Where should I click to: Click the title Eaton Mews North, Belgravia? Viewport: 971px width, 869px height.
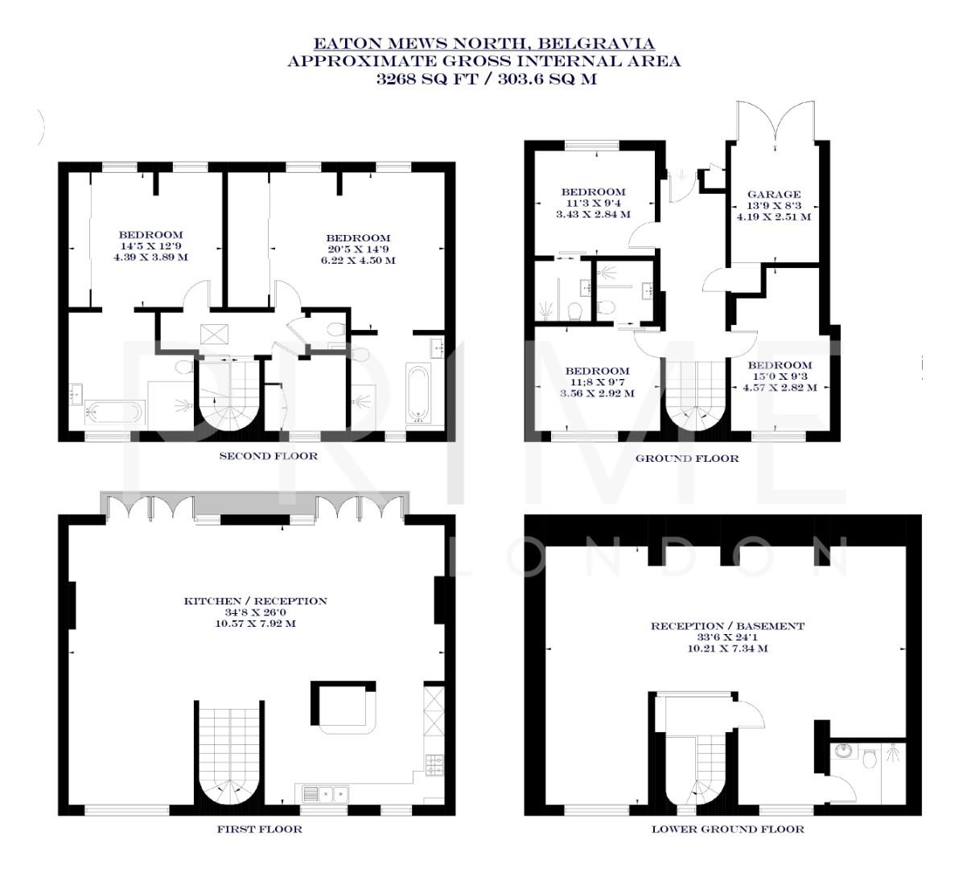(x=483, y=43)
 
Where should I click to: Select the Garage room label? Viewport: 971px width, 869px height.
(x=774, y=194)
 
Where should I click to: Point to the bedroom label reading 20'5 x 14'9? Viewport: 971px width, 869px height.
(x=358, y=249)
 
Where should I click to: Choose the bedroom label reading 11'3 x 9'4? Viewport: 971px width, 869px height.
(x=593, y=204)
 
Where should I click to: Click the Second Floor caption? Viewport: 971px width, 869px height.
(x=269, y=456)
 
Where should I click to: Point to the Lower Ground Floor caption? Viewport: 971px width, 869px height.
(x=727, y=829)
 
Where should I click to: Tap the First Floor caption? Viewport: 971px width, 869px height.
(x=259, y=829)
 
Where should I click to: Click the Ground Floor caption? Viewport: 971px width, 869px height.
(x=686, y=459)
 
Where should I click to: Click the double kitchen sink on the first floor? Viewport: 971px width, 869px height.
(x=325, y=794)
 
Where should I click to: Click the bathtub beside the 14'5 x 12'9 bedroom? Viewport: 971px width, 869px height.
(x=114, y=413)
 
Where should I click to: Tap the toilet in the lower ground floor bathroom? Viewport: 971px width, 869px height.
(x=868, y=756)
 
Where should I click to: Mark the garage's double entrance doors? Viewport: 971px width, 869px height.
(x=774, y=122)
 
